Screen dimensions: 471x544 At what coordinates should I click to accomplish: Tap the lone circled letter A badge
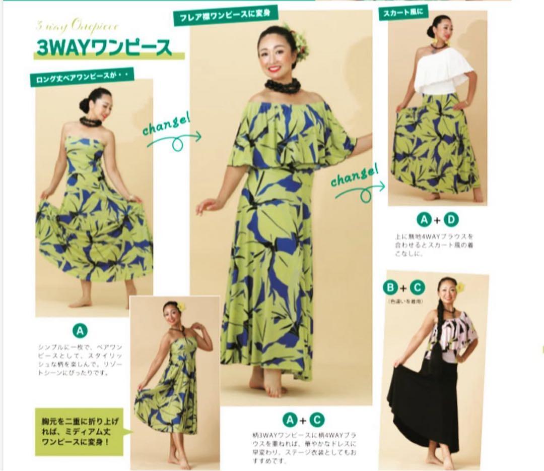pos(80,331)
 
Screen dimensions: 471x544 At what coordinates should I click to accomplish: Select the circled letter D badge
pos(452,220)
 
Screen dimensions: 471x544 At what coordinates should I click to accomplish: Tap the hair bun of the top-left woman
pos(85,105)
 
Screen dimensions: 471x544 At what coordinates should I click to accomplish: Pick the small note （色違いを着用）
pos(405,301)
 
